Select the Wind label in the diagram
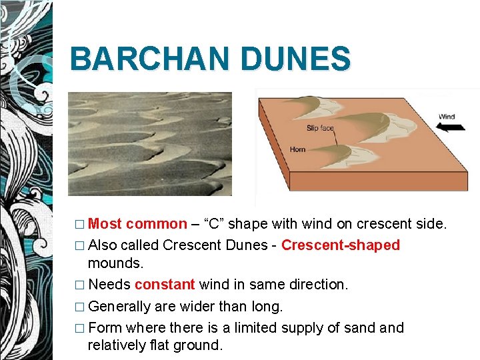click(447, 117)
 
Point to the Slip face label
click(320, 128)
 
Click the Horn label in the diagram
click(297, 149)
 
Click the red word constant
click(165, 285)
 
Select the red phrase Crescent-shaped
click(341, 245)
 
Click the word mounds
click(115, 263)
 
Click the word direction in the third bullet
click(317, 285)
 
